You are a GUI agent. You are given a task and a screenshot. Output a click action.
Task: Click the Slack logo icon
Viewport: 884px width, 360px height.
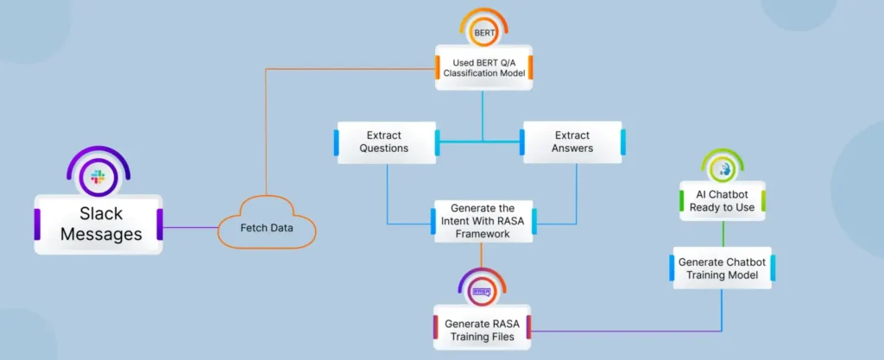(x=98, y=178)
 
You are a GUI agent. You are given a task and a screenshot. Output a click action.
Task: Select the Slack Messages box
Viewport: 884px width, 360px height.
(x=98, y=223)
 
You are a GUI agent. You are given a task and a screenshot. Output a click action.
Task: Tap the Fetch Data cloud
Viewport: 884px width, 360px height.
(x=266, y=228)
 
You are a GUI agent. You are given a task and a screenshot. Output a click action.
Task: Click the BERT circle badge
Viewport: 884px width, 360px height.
(x=483, y=34)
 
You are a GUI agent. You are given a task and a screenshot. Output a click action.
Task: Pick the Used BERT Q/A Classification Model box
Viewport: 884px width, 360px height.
(x=483, y=67)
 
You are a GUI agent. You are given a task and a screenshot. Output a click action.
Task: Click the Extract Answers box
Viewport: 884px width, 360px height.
(x=572, y=142)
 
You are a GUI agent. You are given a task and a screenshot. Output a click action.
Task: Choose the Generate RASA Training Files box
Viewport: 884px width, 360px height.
(x=482, y=330)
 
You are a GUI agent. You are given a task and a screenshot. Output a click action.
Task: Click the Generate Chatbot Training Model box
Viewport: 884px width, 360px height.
(x=723, y=268)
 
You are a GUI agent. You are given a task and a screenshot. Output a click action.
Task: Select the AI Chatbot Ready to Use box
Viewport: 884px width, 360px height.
(x=723, y=200)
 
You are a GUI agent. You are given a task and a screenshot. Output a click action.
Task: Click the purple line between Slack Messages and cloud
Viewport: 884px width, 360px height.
(x=189, y=228)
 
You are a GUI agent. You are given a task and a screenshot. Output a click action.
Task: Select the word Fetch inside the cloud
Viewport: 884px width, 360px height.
(x=249, y=228)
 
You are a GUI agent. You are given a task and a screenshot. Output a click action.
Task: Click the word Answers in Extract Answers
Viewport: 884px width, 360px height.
(x=572, y=148)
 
